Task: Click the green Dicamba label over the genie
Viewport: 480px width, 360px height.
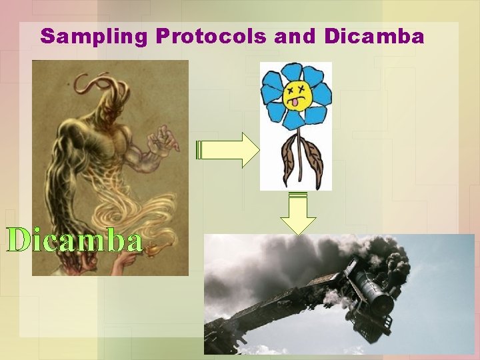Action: [75, 241]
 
